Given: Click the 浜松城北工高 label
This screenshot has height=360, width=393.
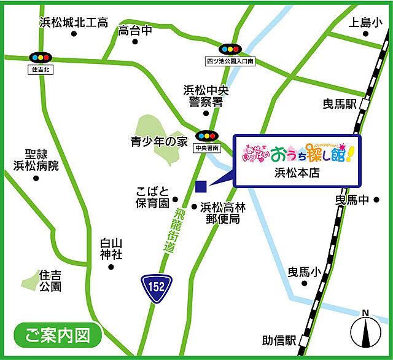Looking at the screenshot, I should [x=73, y=23].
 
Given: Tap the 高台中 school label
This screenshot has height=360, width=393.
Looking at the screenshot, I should [x=135, y=30].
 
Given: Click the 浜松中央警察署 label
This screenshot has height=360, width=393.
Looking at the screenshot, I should [x=206, y=96].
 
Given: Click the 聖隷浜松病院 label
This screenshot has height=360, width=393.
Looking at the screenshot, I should [x=36, y=159].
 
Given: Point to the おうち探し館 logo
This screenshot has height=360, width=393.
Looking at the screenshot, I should [x=297, y=151].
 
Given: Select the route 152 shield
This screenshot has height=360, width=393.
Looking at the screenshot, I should [x=157, y=286].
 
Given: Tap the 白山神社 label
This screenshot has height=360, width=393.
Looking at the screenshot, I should [x=111, y=249].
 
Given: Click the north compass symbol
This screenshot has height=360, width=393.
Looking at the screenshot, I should [x=365, y=332].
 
